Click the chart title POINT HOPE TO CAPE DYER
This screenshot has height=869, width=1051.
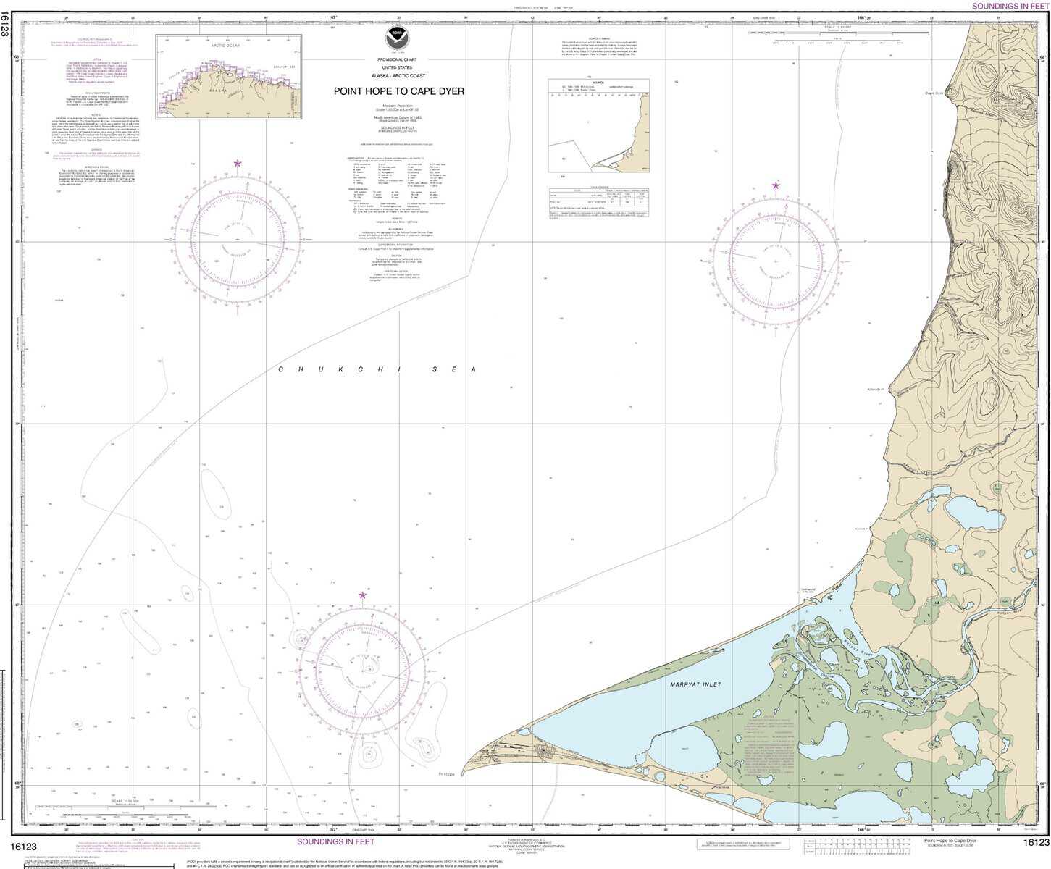click(398, 92)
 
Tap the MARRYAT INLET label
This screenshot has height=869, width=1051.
click(695, 684)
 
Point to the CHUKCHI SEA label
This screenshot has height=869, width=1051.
click(377, 369)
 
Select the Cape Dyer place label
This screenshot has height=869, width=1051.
click(934, 93)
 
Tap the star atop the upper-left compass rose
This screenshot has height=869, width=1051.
click(238, 164)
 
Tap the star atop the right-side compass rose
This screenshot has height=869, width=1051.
click(776, 186)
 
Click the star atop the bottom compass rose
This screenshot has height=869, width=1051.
click(362, 595)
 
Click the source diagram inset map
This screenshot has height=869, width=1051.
click(598, 125)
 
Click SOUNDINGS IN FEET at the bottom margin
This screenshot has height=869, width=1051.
click(335, 841)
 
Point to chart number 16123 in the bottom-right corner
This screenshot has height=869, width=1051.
click(1035, 841)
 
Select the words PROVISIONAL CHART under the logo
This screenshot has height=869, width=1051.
click(396, 59)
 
